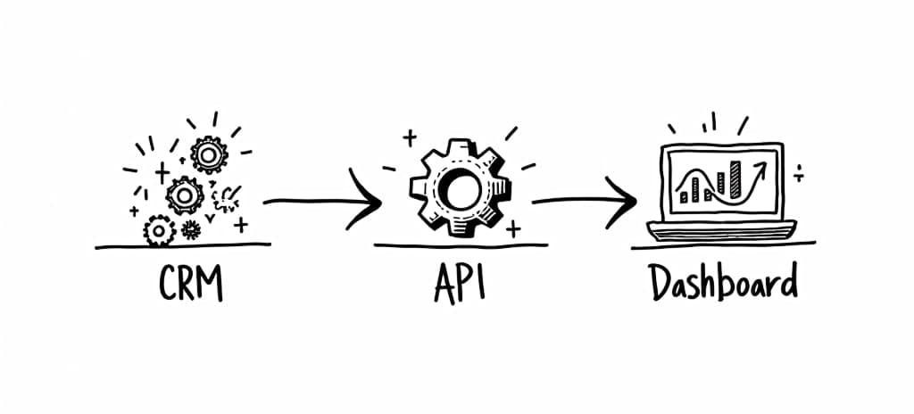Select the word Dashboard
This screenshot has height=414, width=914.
click(x=722, y=286)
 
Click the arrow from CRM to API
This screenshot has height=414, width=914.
click(x=321, y=202)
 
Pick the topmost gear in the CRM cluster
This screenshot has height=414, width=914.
click(x=209, y=155)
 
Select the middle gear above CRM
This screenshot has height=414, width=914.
click(x=185, y=193)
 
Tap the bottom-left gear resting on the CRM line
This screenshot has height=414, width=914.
click(x=159, y=231)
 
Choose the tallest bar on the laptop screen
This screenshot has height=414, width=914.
click(x=735, y=179)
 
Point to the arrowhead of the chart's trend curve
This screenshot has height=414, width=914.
click(x=762, y=166)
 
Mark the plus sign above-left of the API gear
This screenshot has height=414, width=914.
click(x=410, y=137)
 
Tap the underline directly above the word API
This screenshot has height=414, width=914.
click(x=457, y=244)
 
